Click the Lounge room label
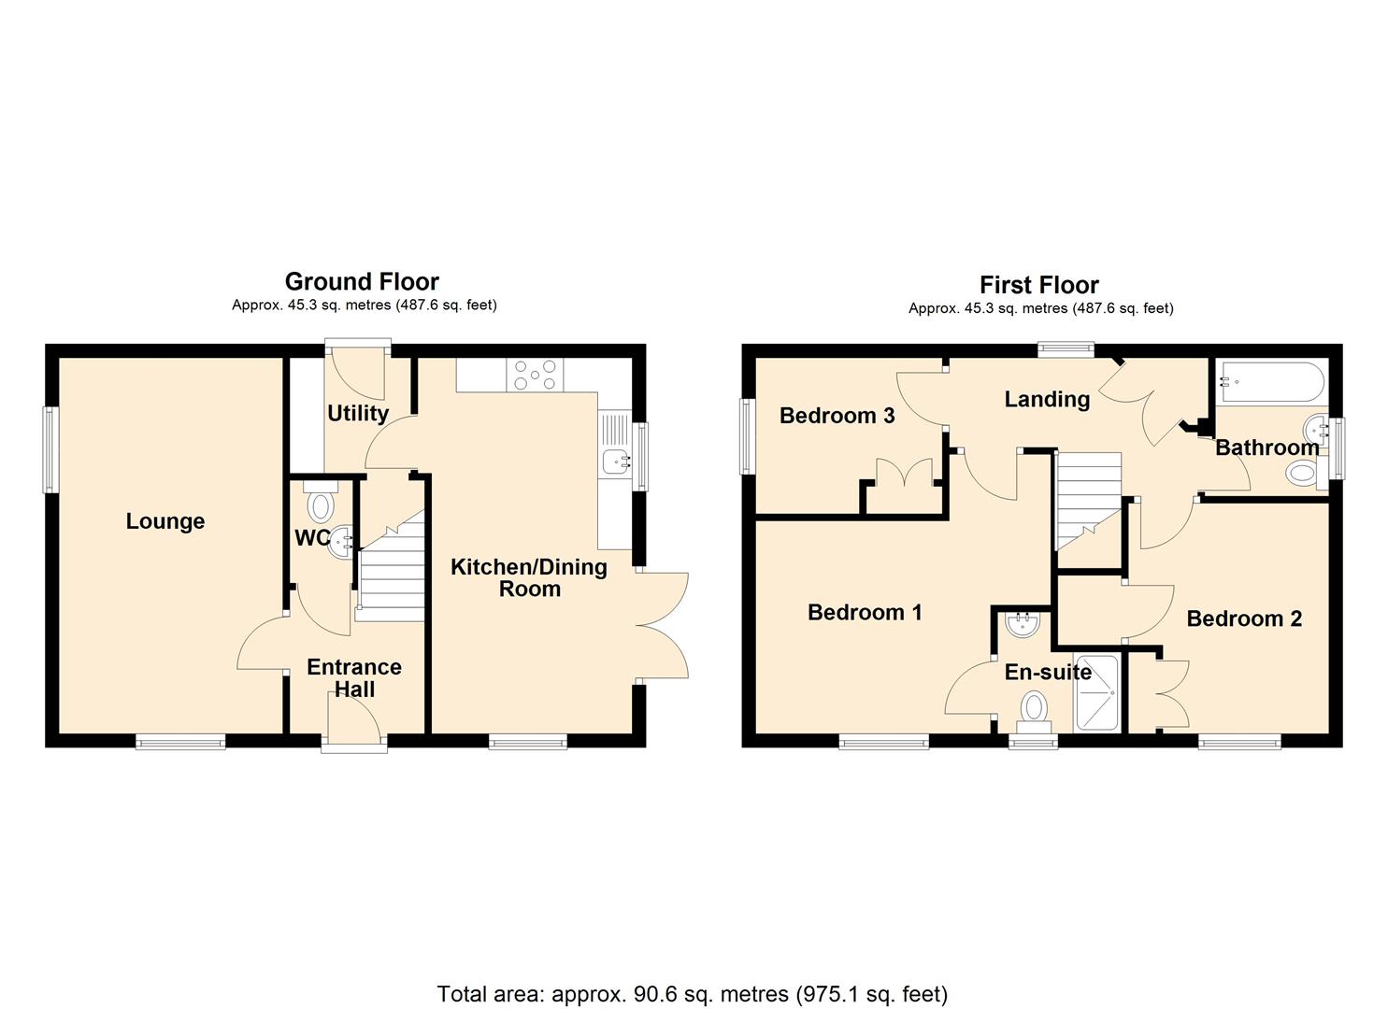165,521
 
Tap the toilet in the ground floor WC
320,504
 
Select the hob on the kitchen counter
534,376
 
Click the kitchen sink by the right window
616,460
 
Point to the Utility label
357,413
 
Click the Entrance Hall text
354,678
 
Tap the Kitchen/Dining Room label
529,577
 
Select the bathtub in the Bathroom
1268,381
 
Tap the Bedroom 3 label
837,416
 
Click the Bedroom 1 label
865,612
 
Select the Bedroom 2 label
1243,618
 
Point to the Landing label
1047,400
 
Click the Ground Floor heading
362,281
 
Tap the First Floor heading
1038,285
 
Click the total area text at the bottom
692,993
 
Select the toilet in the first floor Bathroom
1301,474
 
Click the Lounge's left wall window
50,449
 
